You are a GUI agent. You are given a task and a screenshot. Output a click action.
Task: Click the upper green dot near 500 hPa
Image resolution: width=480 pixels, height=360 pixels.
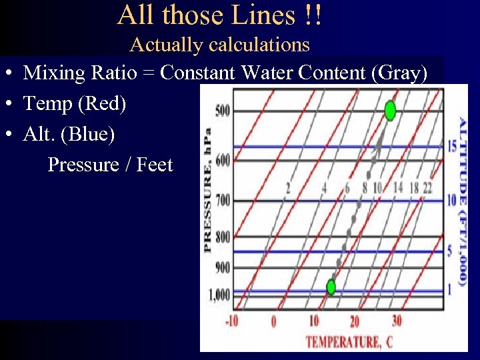tap(390, 110)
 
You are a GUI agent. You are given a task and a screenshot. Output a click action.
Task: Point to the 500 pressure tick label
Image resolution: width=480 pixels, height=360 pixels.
tap(223, 110)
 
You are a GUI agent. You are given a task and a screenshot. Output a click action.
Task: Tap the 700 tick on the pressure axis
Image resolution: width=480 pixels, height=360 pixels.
tap(223, 200)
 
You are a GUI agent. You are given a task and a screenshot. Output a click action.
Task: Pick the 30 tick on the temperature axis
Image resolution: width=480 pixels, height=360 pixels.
tap(396, 321)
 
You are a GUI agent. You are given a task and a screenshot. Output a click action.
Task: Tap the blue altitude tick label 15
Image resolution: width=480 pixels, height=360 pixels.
tap(451, 146)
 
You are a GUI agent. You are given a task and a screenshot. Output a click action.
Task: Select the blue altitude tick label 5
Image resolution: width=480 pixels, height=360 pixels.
tap(451, 251)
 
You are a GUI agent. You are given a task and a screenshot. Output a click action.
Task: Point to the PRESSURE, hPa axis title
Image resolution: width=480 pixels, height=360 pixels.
tap(207, 190)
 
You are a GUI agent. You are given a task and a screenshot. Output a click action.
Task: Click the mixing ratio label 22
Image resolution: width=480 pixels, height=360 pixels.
tap(427, 188)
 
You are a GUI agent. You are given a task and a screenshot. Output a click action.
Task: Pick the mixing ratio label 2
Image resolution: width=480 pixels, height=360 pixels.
tap(288, 189)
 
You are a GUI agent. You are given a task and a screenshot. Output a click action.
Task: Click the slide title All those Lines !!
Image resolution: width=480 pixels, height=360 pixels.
tap(220, 15)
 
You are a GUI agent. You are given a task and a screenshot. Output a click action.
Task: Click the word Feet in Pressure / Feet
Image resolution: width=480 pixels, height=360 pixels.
tap(155, 165)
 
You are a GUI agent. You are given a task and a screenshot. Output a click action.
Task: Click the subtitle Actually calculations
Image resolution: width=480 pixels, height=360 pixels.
tap(220, 45)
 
